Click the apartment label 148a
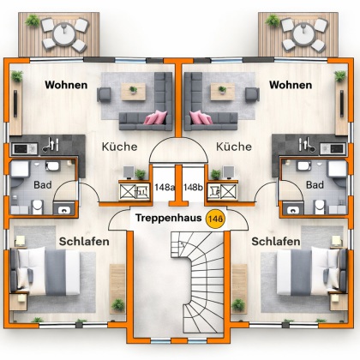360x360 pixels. click(x=164, y=187)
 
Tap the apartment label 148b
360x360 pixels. click(x=193, y=187)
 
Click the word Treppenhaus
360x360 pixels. click(x=168, y=219)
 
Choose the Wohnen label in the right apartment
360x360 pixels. click(x=291, y=86)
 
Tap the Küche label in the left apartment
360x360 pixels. click(x=119, y=147)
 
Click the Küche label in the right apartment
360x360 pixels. click(x=235, y=147)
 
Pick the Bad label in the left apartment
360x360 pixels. click(x=42, y=184)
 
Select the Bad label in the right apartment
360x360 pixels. click(x=315, y=184)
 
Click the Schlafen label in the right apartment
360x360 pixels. click(x=276, y=242)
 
